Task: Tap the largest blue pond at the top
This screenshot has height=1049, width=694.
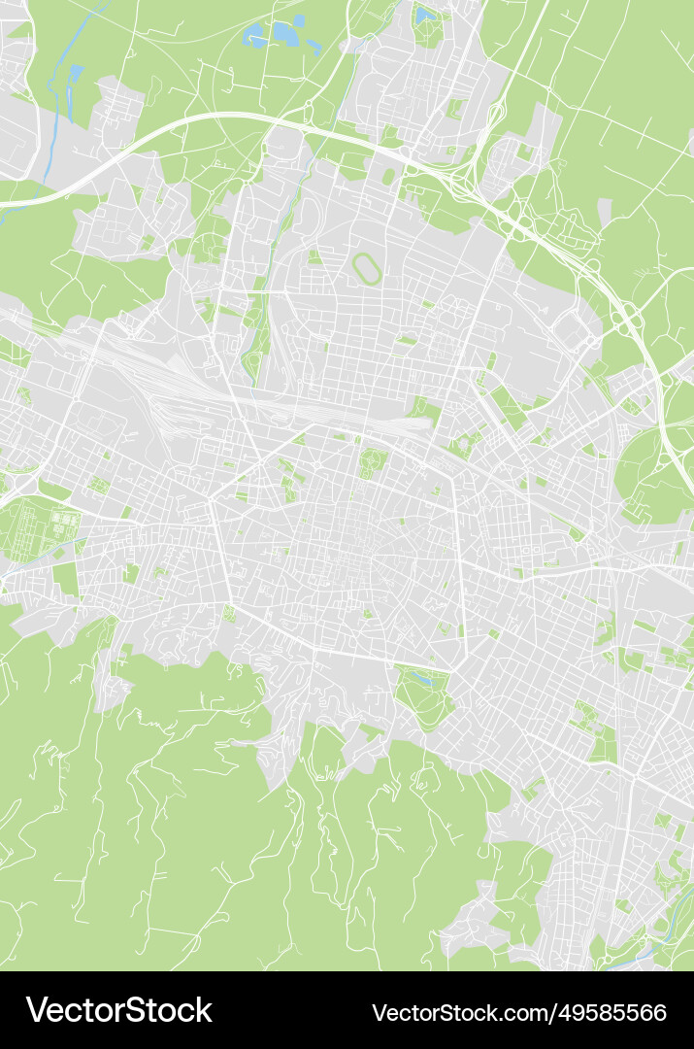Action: click(x=285, y=33)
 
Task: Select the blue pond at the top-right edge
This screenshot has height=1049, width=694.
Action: click(x=425, y=16)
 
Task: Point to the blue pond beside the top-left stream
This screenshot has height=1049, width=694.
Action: click(x=76, y=73)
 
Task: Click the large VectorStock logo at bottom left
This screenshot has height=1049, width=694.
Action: click(x=118, y=1010)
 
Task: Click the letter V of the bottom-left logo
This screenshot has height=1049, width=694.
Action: click(x=36, y=1010)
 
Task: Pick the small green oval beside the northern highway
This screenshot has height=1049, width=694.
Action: click(x=389, y=177)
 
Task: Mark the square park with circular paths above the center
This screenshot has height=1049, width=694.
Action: click(x=372, y=460)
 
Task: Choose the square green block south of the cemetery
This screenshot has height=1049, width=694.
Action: click(x=65, y=579)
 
